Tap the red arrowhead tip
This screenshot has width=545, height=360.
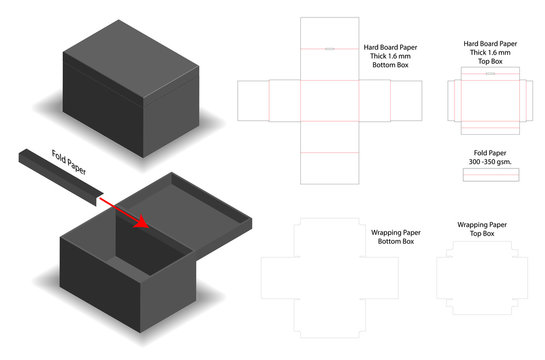point(151,225)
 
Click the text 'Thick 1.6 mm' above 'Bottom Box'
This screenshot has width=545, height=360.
point(390,56)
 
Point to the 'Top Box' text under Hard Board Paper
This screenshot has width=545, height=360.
point(490,61)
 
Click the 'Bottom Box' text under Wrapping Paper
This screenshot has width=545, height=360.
point(391,241)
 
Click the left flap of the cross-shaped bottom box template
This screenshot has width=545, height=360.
point(252,100)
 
